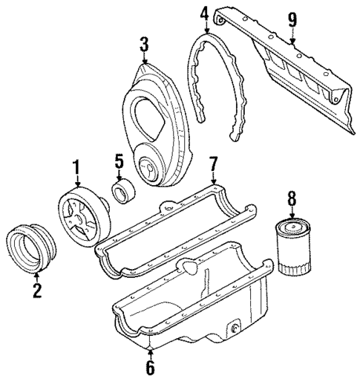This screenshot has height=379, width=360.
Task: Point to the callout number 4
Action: coord(204,13)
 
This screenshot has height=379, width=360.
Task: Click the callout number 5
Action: coord(118,160)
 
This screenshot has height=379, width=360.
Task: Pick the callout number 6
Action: coord(151,367)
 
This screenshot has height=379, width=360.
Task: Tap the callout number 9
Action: coord(293,19)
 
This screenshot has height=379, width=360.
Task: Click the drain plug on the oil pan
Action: coord(234,327)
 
